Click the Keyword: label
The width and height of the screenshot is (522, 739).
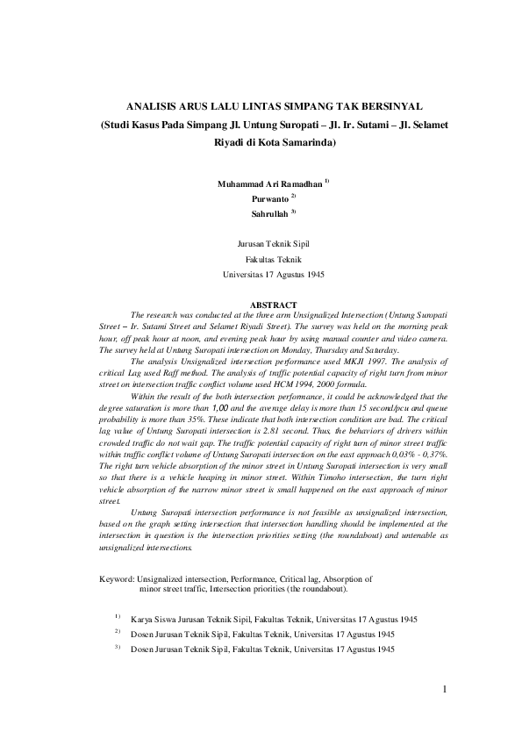click(x=116, y=579)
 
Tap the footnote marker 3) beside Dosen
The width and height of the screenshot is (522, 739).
click(x=117, y=648)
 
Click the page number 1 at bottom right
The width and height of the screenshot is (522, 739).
click(x=445, y=688)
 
